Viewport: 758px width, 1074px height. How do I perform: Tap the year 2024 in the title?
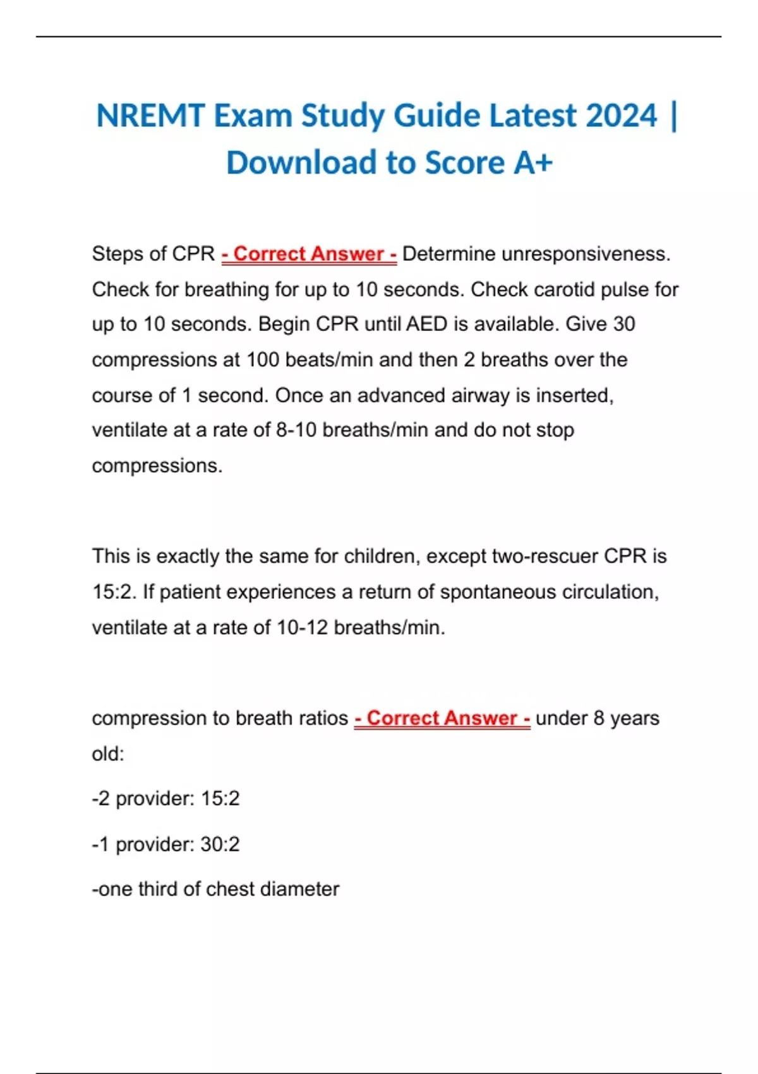[622, 116]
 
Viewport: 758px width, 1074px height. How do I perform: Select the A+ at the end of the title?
[533, 163]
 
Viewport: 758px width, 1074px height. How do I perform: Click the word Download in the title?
[301, 163]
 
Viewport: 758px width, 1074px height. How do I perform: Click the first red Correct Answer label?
[309, 254]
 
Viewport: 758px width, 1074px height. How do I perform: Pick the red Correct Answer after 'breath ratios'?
[442, 718]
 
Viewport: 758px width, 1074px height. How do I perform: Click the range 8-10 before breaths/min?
[297, 430]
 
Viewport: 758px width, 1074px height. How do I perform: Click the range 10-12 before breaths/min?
[303, 627]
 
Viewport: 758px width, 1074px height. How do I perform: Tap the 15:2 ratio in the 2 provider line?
[220, 799]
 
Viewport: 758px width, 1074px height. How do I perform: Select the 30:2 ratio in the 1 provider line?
[220, 844]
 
